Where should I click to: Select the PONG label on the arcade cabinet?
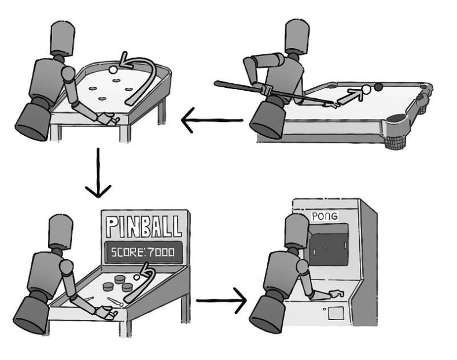[x=325, y=216]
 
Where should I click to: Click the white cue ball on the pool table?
[x=366, y=89]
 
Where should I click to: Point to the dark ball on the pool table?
[x=379, y=87]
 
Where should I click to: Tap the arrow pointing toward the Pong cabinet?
[x=222, y=300]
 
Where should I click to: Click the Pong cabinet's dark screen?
[x=327, y=248]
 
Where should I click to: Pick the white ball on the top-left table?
[x=113, y=69]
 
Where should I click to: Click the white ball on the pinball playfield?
[x=137, y=277]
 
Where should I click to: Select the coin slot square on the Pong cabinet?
[x=337, y=313]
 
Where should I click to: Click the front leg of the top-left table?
[x=56, y=131]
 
